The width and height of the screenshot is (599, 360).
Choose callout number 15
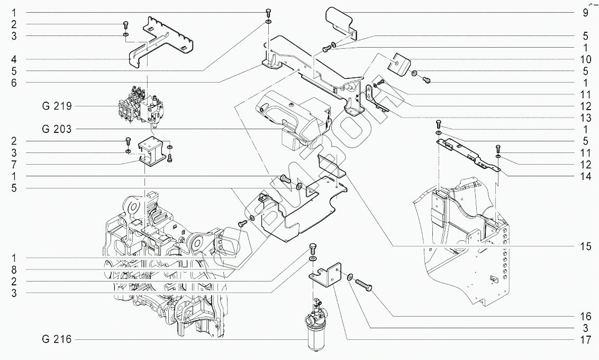point(586,246)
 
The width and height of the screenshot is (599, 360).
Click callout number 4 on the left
point(14,59)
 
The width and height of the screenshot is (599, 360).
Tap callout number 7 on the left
point(14,164)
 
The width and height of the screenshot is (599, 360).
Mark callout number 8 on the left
point(14,269)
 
